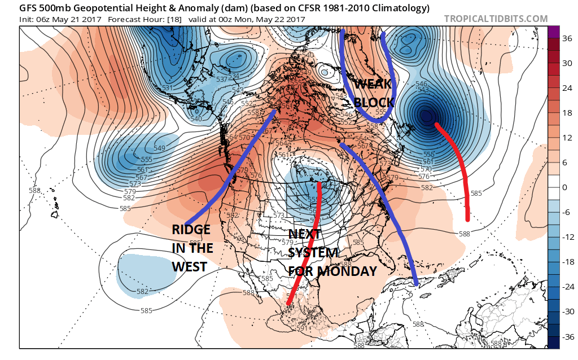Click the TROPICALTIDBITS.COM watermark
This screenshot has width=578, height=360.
(496, 19)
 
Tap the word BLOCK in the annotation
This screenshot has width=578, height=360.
(374, 103)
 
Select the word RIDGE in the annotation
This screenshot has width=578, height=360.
(191, 230)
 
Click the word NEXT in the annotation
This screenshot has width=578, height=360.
(305, 234)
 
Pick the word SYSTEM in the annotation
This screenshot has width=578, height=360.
(313, 252)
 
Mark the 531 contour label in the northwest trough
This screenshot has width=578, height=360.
(167, 88)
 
